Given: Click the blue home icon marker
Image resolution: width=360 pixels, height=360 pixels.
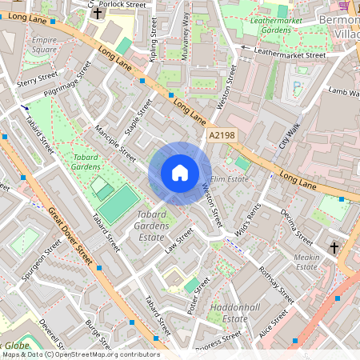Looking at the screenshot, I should [x=180, y=173].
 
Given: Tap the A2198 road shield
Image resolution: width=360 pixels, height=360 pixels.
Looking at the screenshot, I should [x=221, y=137].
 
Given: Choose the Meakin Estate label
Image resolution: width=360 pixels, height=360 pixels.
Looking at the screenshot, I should [x=306, y=262].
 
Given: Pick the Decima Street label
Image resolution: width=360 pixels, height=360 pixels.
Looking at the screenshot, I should [x=297, y=226].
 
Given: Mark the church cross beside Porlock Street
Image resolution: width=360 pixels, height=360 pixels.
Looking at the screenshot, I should [x=98, y=14].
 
